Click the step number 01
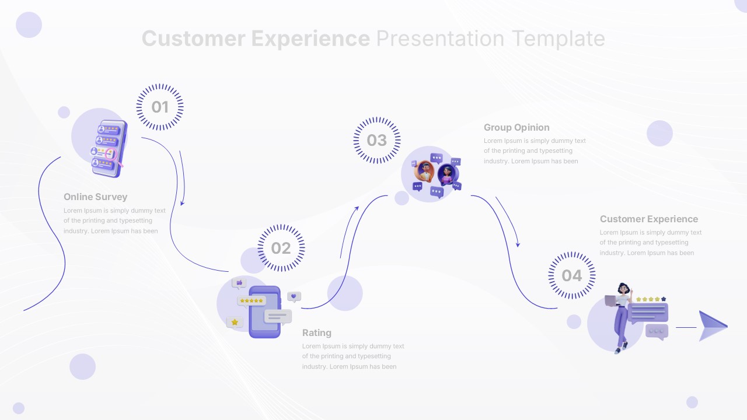(x=160, y=107)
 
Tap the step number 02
(x=281, y=249)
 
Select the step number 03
(x=376, y=141)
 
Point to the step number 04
(x=572, y=276)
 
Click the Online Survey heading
(x=95, y=197)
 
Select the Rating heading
(x=316, y=333)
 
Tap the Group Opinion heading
(x=516, y=128)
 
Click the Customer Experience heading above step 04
(x=648, y=219)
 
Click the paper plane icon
(x=712, y=326)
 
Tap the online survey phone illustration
(x=107, y=149)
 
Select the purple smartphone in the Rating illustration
(x=264, y=312)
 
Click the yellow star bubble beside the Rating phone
(x=235, y=322)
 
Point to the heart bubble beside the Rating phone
(x=294, y=296)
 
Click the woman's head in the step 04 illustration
(x=623, y=289)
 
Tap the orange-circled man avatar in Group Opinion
(x=424, y=171)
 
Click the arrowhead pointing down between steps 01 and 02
(x=183, y=202)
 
